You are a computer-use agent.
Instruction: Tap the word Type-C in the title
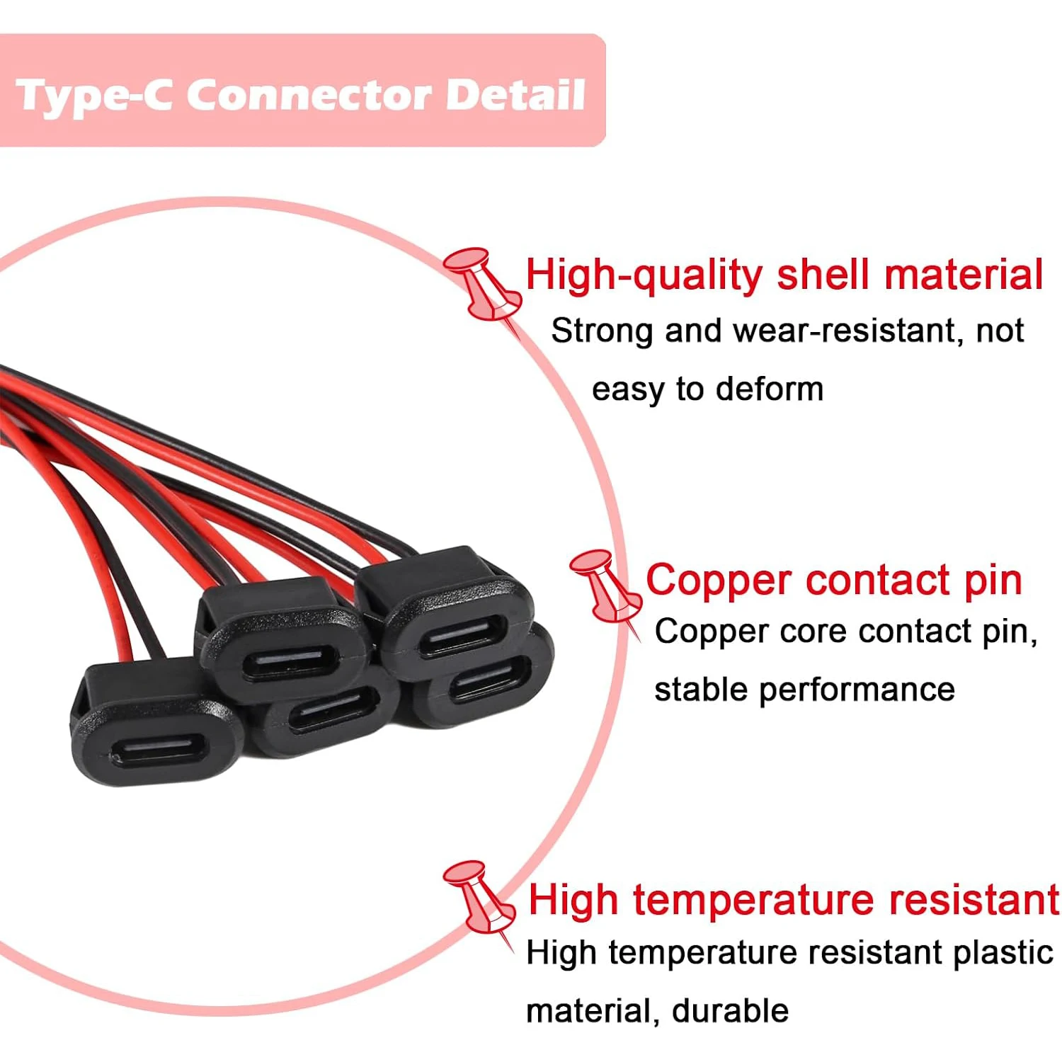(x=93, y=96)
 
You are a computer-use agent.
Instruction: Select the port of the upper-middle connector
(x=286, y=664)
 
